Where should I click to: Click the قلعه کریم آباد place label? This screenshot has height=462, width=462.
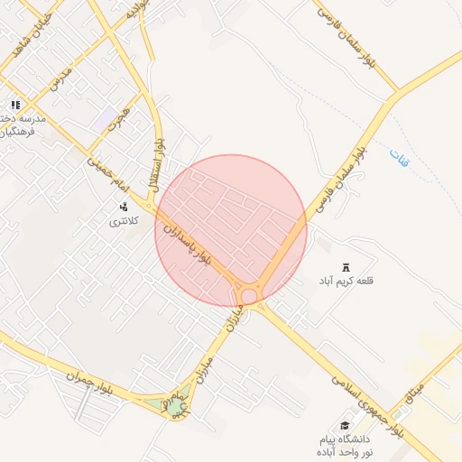click(x=345, y=282)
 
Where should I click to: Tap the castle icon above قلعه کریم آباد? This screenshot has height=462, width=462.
click(x=346, y=267)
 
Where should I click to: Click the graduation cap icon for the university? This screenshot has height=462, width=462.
click(x=344, y=425)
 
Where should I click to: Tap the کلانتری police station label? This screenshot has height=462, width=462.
click(x=125, y=220)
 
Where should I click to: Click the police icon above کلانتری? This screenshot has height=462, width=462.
click(x=124, y=207)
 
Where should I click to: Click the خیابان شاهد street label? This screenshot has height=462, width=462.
click(x=30, y=37)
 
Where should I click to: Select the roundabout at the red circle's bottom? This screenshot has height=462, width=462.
click(x=248, y=296)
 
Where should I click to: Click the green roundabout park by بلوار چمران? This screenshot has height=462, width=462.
click(x=174, y=406)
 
